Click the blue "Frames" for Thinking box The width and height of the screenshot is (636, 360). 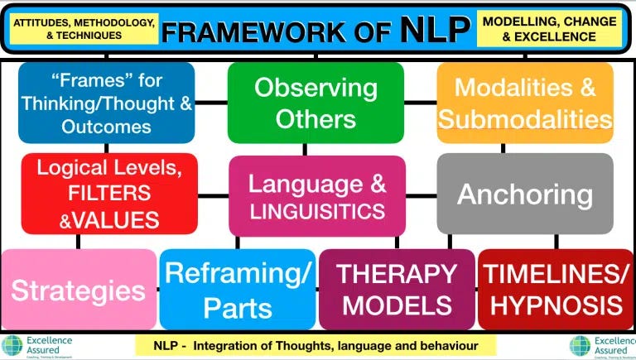[106, 104]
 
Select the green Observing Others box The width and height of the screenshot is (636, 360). [316, 103]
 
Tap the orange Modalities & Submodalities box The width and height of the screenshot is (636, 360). [525, 103]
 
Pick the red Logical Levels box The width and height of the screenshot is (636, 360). [109, 193]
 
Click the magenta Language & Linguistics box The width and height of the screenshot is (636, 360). [317, 196]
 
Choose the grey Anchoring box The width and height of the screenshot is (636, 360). [525, 194]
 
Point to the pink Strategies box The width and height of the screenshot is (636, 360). [79, 290]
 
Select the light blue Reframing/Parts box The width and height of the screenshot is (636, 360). [238, 290]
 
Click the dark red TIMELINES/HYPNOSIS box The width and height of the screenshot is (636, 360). [556, 290]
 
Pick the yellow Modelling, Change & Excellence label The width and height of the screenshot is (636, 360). [549, 30]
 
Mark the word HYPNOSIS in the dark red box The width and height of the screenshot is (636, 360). [556, 305]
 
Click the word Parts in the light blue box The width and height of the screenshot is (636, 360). [238, 307]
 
